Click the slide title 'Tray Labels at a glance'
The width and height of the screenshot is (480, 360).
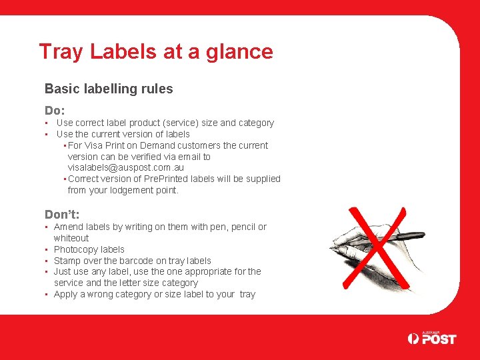point(156,52)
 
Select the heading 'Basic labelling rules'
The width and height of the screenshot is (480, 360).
point(109,89)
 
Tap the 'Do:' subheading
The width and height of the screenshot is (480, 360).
point(55,110)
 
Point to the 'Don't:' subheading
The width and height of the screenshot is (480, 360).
point(62,214)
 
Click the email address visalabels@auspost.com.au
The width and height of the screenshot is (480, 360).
point(126,168)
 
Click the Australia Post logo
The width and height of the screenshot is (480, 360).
point(432,339)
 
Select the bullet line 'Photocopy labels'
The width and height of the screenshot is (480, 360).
point(89,249)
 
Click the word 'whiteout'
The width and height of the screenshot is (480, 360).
point(71,238)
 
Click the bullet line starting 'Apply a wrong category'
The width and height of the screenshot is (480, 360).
point(154,294)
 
